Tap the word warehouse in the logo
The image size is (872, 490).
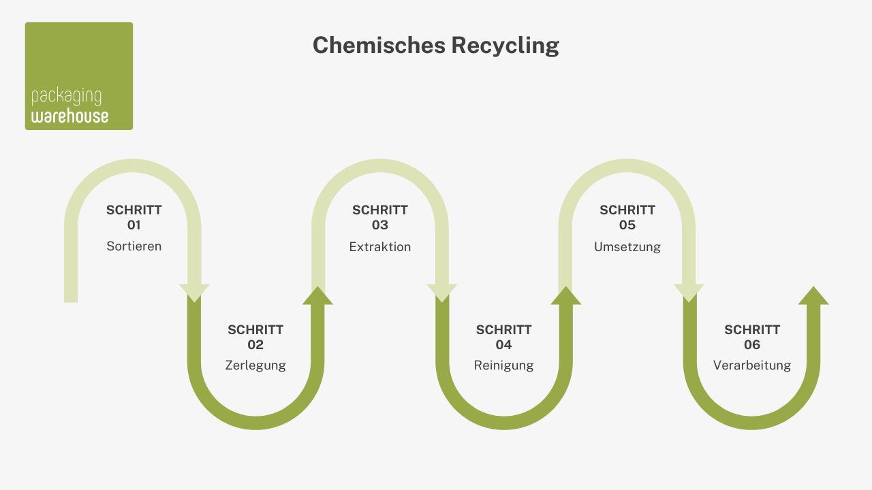click(69, 116)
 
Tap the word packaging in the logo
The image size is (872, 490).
click(66, 97)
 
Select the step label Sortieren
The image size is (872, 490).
click(134, 246)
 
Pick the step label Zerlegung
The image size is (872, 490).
click(255, 365)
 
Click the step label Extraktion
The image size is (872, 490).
click(380, 247)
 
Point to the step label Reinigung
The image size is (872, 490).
click(504, 365)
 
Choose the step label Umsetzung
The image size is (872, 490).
click(627, 247)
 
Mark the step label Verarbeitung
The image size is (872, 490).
click(752, 365)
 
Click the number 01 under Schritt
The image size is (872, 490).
click(134, 225)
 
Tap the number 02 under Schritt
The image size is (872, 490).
click(255, 344)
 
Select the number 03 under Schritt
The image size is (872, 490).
click(380, 225)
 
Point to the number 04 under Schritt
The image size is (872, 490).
click(504, 344)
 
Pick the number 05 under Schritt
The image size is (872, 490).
click(627, 225)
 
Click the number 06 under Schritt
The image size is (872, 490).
click(752, 344)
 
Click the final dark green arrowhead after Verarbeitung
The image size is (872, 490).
click(813, 296)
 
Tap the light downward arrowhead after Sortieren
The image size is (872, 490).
click(194, 293)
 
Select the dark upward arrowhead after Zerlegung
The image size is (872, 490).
click(317, 296)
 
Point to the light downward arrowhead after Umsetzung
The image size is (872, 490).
click(689, 293)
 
